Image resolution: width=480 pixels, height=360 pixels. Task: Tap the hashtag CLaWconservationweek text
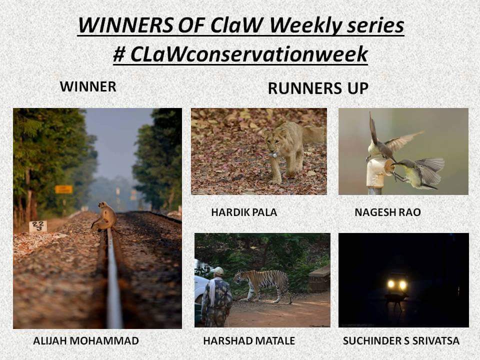(240, 54)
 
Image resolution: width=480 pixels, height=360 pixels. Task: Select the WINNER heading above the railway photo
(88, 86)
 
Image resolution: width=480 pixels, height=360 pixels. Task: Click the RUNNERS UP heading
(318, 88)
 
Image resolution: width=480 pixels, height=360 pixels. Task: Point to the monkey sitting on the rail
(104, 216)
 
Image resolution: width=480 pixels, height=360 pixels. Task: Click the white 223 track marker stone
(38, 226)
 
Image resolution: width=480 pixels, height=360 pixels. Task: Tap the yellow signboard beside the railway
(64, 189)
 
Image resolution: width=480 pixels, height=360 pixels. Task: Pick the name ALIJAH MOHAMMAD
(86, 340)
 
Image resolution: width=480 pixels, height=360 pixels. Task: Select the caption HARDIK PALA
(244, 212)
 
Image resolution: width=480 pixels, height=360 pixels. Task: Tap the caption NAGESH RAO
(387, 212)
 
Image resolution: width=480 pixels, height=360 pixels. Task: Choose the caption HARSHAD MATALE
(249, 340)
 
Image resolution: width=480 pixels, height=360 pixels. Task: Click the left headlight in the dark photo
(391, 284)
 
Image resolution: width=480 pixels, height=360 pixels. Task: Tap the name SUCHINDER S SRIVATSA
(401, 340)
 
